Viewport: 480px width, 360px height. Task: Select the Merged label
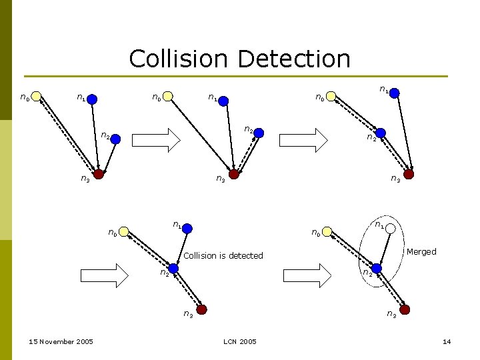click(421, 251)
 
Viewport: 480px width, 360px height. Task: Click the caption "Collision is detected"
click(223, 255)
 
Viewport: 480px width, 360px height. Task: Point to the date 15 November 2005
click(61, 342)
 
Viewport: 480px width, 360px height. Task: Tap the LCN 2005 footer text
click(240, 342)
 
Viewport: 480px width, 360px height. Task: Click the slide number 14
click(447, 342)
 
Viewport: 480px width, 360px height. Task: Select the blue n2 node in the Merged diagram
click(377, 268)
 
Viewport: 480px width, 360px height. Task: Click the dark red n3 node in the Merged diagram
click(405, 309)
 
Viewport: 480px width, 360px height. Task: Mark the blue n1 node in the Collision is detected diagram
click(187, 229)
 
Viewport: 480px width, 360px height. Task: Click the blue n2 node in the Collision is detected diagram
click(173, 268)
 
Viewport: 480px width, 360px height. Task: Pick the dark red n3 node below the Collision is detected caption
click(201, 309)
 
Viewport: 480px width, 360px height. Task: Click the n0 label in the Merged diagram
click(317, 233)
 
